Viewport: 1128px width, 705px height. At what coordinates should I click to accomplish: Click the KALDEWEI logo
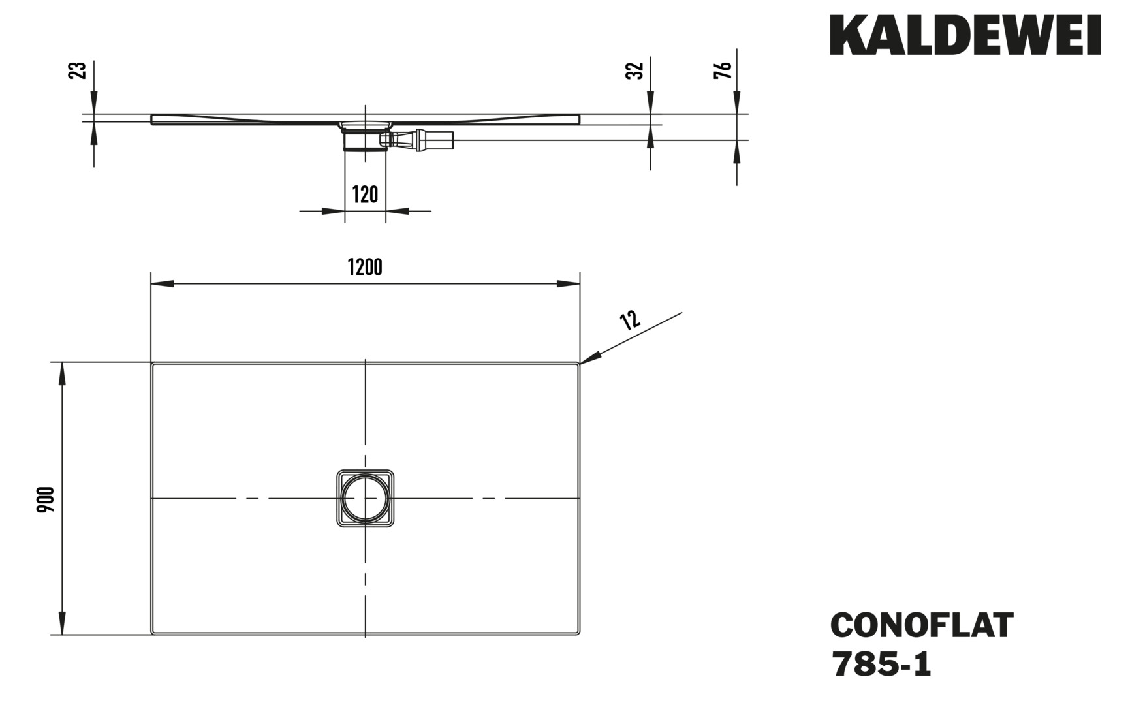pyautogui.click(x=965, y=35)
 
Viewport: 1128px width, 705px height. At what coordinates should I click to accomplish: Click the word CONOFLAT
pyautogui.click(x=922, y=625)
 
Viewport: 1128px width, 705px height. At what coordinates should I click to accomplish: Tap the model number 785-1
pyautogui.click(x=881, y=665)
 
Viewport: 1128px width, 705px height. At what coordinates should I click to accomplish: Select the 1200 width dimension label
pyautogui.click(x=365, y=267)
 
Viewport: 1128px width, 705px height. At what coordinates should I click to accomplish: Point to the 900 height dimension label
pyautogui.click(x=46, y=499)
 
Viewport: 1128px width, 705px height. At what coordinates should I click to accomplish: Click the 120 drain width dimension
pyautogui.click(x=365, y=194)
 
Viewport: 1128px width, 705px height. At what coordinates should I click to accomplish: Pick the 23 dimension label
pyautogui.click(x=78, y=70)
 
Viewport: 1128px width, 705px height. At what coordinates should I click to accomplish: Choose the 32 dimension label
pyautogui.click(x=634, y=70)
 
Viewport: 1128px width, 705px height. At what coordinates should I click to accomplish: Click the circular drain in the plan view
pyautogui.click(x=365, y=498)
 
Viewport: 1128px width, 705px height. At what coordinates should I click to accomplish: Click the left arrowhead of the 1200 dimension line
pyautogui.click(x=163, y=284)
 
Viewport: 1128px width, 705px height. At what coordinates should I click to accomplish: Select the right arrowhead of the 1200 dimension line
pyautogui.click(x=568, y=284)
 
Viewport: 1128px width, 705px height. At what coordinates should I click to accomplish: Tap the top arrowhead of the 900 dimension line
pyautogui.click(x=63, y=373)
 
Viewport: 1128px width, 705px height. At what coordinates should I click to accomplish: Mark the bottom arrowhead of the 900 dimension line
pyautogui.click(x=63, y=623)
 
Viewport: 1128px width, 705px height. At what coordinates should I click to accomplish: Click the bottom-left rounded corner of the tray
pyautogui.click(x=155, y=631)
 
